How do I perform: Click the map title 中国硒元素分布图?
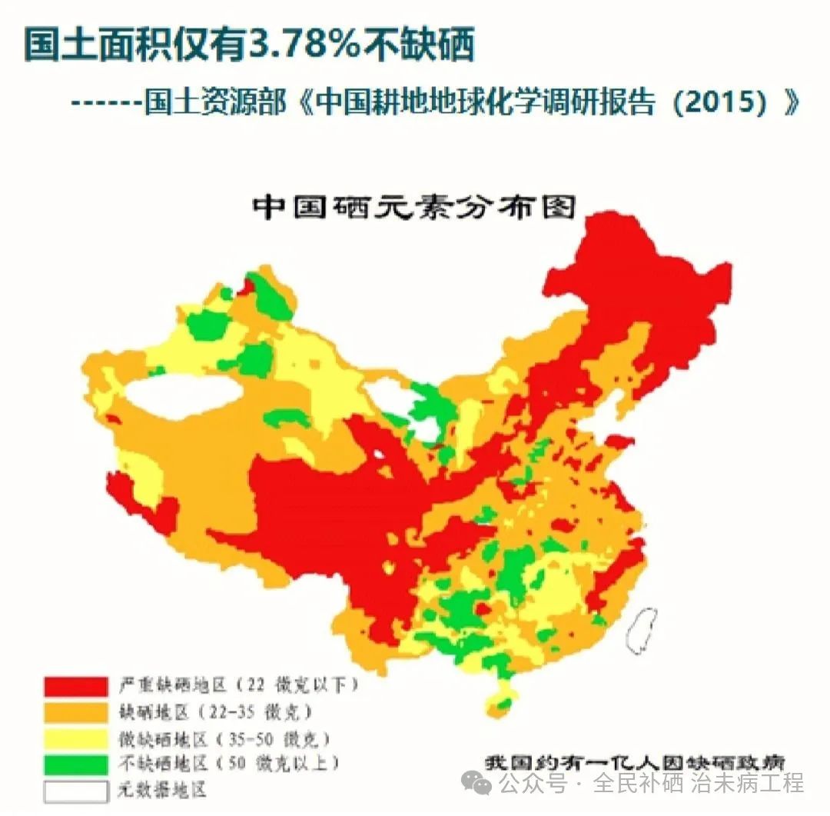pos(415,206)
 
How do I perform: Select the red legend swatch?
pos(75,685)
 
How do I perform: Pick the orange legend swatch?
pos(75,711)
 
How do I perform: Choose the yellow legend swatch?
pos(75,738)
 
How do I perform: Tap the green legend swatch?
pos(75,764)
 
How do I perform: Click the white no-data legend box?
pos(75,791)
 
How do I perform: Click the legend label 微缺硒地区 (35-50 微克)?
pos(224,740)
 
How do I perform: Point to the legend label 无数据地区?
pos(162,790)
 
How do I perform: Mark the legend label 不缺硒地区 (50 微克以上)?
pos(228,764)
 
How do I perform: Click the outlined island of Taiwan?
pos(642,627)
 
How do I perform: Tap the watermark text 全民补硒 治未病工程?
pos(699,784)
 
